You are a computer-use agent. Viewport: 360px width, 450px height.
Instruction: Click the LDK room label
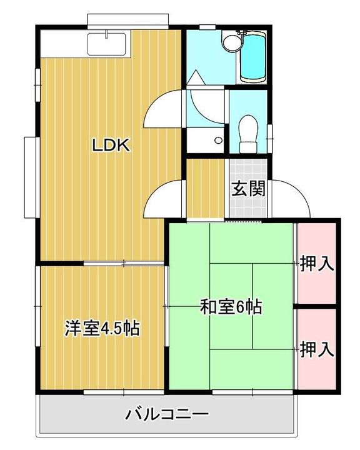point(111,146)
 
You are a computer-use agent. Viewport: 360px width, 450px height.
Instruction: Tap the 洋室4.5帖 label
point(102,327)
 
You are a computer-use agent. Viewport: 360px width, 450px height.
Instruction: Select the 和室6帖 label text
point(231,307)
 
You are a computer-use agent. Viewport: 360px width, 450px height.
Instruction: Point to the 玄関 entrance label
point(249,189)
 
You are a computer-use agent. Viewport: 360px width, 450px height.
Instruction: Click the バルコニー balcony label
point(166,414)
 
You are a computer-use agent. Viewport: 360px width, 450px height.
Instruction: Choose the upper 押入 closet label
point(316,264)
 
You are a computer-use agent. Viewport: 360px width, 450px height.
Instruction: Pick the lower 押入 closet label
point(316,349)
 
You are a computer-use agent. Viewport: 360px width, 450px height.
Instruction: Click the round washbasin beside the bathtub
point(232,42)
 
